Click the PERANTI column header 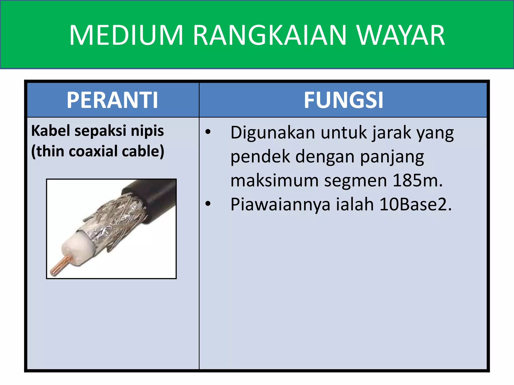112,100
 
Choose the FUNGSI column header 343,100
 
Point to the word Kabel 50,131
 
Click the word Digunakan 273,133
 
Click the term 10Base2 415,204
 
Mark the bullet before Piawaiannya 208,204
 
